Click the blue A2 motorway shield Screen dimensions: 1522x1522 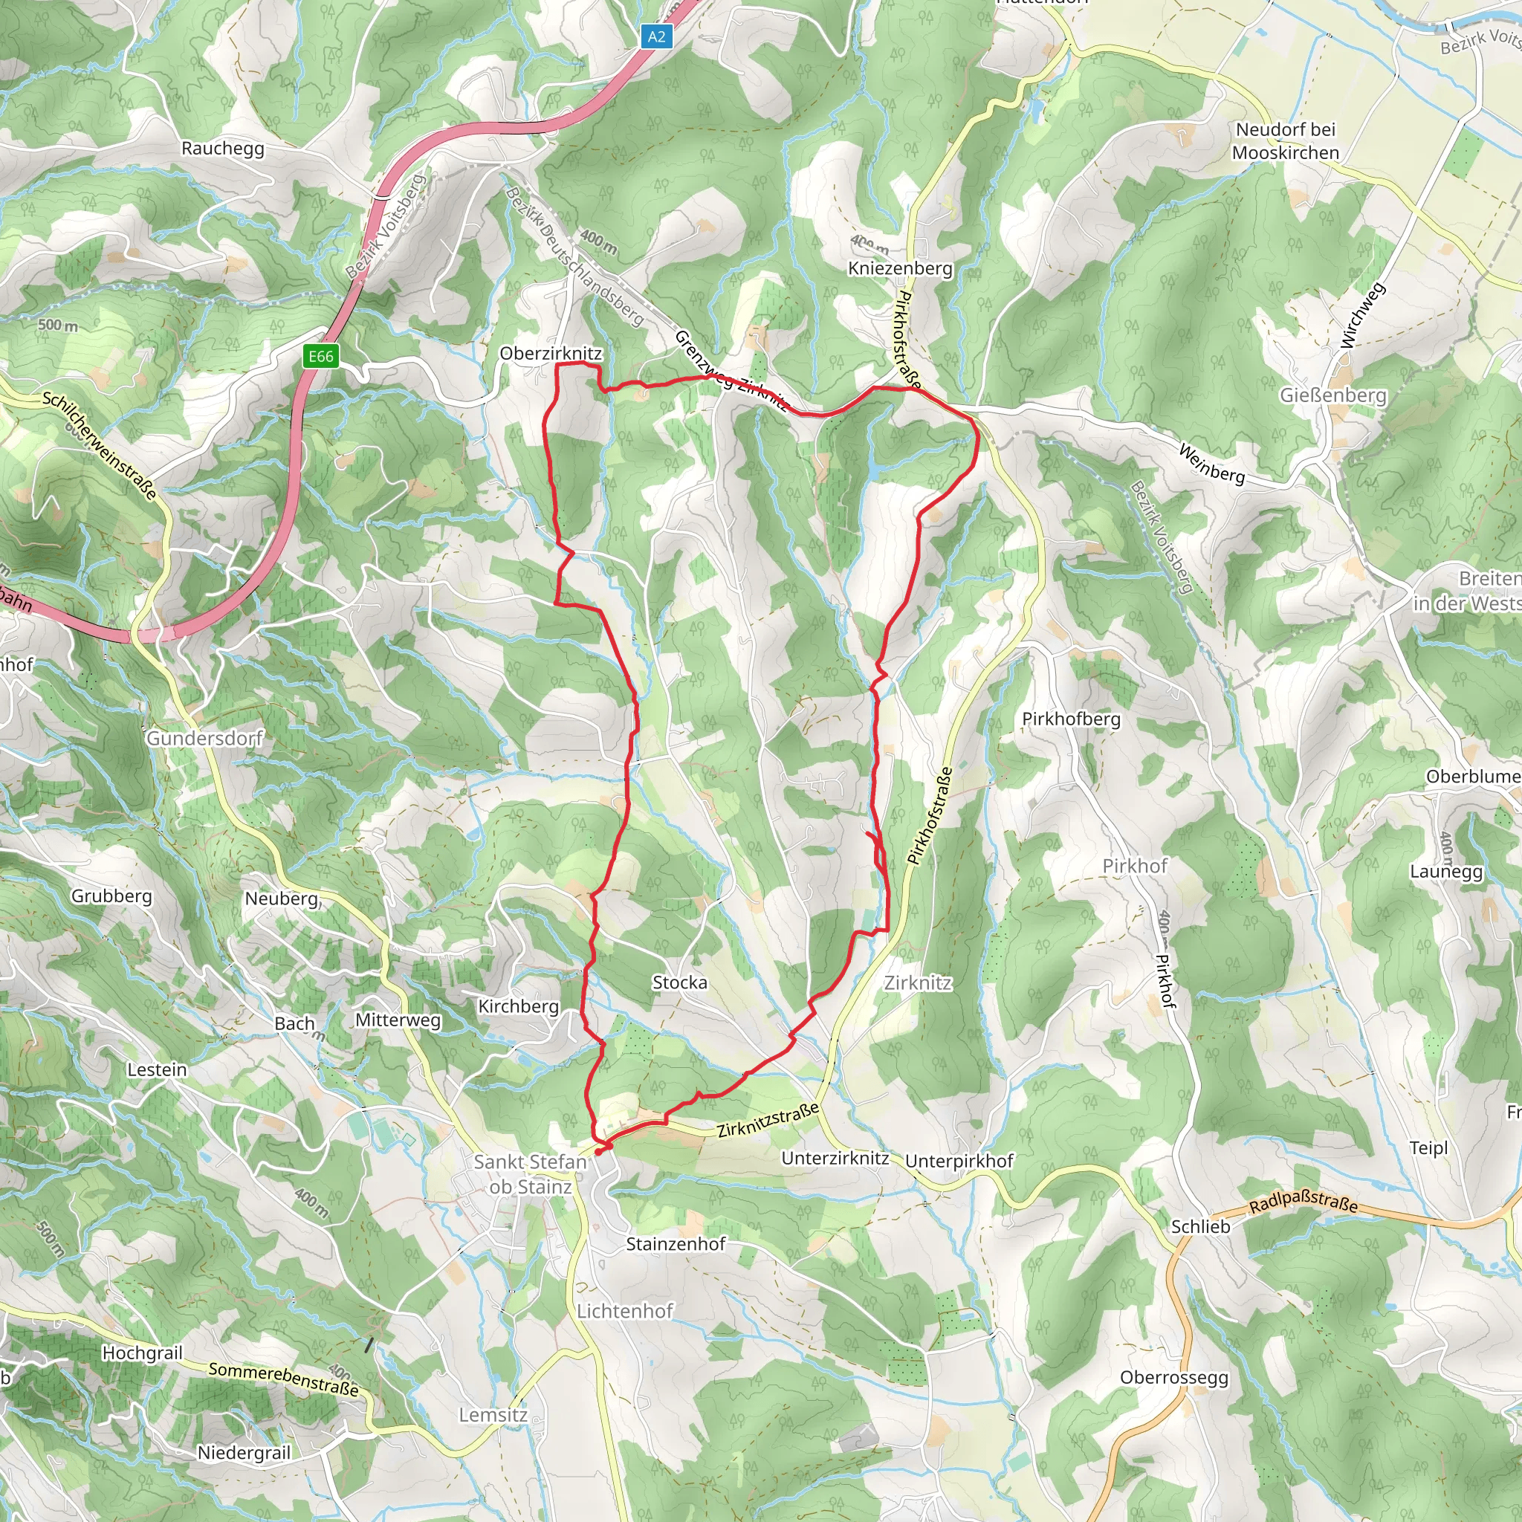coord(656,36)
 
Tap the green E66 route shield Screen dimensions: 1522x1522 coord(320,356)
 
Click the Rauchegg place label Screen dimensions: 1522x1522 coord(223,148)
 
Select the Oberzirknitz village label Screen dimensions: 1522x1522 coord(551,353)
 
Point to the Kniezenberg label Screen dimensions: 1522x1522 coord(901,268)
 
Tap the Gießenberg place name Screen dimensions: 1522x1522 coord(1333,395)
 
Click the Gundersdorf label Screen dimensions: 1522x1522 coord(205,738)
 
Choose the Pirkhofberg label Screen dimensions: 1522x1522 coord(1071,719)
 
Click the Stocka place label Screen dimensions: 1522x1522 coord(680,982)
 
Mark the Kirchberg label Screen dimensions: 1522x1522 coord(519,1006)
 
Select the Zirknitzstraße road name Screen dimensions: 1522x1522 coord(768,1120)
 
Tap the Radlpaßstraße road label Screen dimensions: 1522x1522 coord(1303,1202)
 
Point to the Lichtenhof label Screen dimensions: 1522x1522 coord(625,1311)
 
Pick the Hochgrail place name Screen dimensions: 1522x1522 coord(143,1353)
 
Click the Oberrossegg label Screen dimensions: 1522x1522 coord(1173,1377)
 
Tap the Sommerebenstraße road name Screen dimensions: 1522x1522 coord(284,1379)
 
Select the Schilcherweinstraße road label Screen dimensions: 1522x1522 coord(100,445)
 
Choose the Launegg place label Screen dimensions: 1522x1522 coord(1446,872)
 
